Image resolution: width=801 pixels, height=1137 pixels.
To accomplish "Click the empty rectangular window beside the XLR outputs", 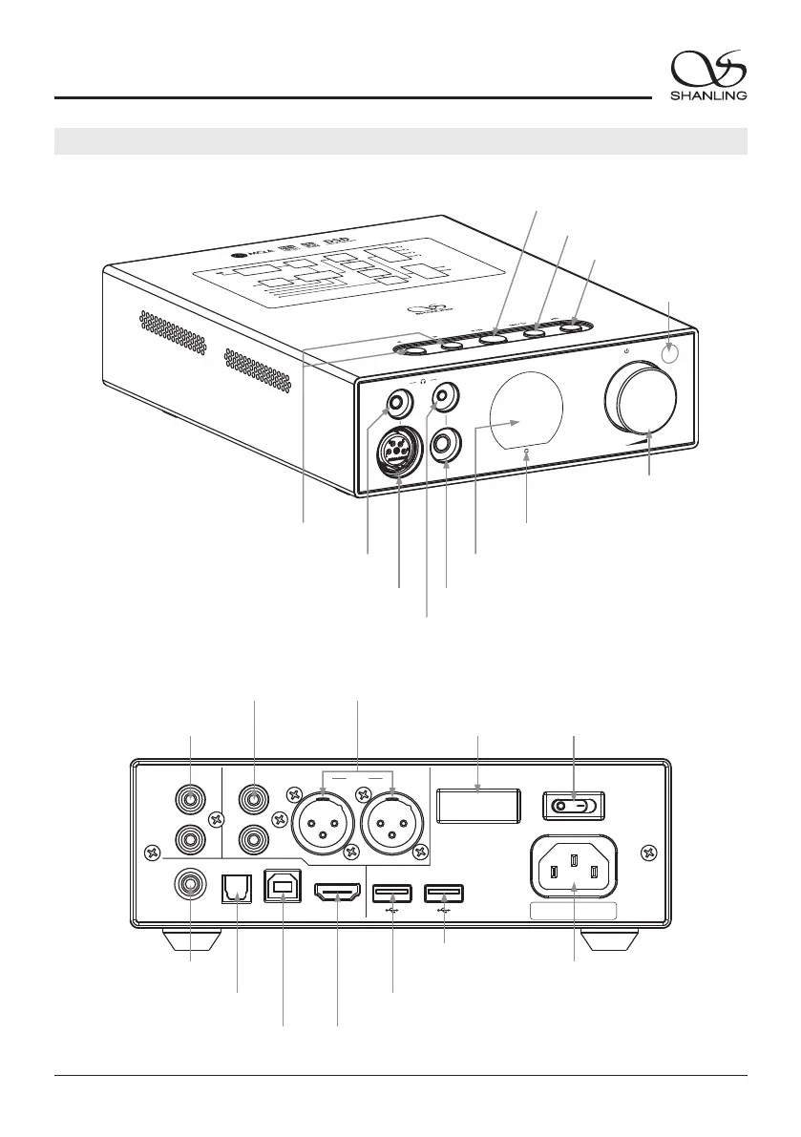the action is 478,804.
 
